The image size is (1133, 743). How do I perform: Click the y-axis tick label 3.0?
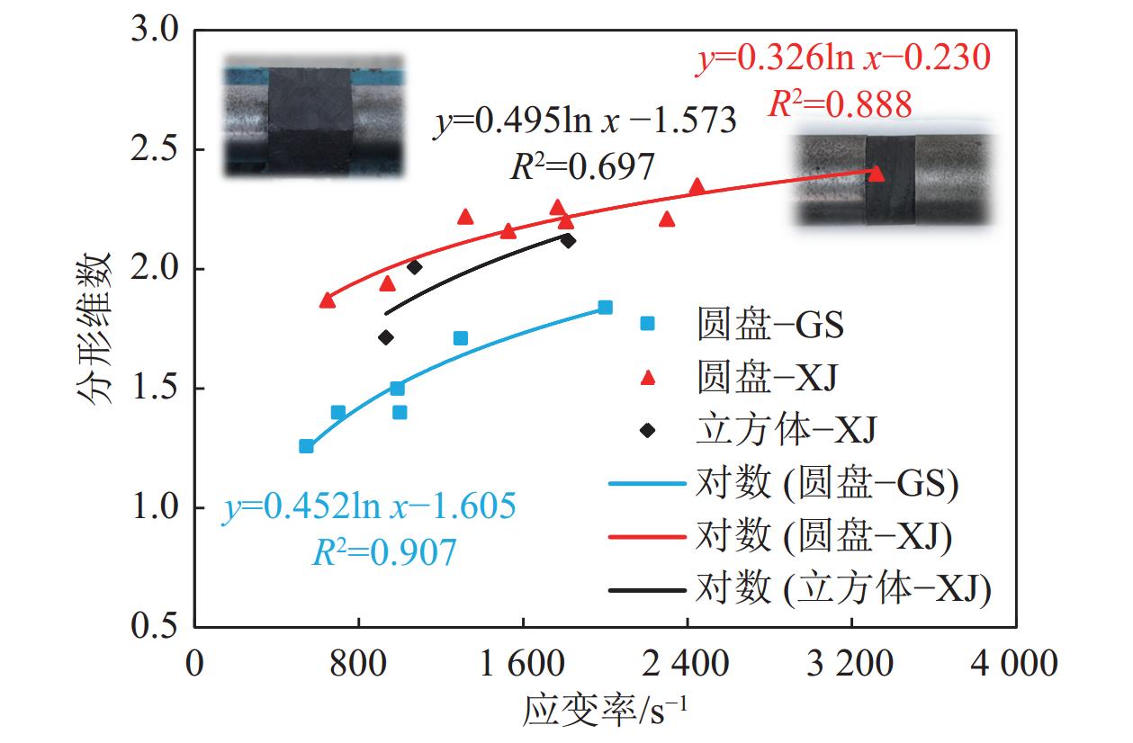[x=158, y=31]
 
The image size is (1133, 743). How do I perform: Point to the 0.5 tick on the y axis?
[x=158, y=626]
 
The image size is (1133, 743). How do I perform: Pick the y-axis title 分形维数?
[x=98, y=328]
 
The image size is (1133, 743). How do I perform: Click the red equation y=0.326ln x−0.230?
[x=843, y=59]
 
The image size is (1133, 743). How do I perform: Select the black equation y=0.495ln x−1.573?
[x=585, y=121]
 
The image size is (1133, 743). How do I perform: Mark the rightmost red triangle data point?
[x=877, y=174]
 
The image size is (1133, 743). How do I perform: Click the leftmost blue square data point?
[x=306, y=446]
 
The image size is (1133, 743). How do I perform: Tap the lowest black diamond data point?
[x=386, y=337]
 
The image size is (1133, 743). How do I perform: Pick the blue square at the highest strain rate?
[x=605, y=308]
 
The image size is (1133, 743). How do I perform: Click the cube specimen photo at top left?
[x=313, y=116]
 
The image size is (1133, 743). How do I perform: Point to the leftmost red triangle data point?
[x=327, y=300]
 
